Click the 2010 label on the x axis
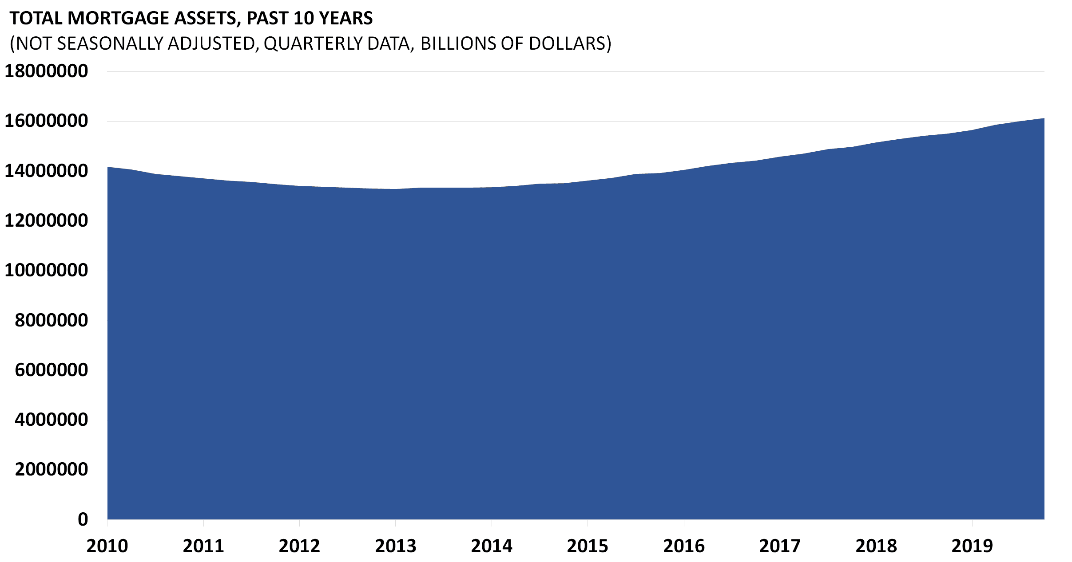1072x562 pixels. click(x=107, y=546)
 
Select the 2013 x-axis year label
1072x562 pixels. click(x=396, y=546)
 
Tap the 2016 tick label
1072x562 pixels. click(x=684, y=546)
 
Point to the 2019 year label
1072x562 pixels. click(x=972, y=546)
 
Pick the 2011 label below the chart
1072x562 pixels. click(x=203, y=546)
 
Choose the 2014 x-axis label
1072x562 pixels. click(x=492, y=546)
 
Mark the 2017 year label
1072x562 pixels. click(x=780, y=546)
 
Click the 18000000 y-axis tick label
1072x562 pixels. click(x=46, y=71)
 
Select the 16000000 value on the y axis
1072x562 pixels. click(x=46, y=121)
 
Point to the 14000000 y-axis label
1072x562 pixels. click(x=46, y=171)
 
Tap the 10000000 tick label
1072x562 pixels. click(x=46, y=270)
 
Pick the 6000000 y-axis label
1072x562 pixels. click(x=52, y=370)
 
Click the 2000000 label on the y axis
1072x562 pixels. click(x=52, y=469)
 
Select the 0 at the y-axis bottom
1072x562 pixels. click(x=83, y=519)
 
